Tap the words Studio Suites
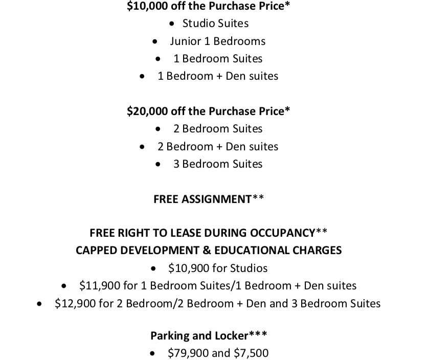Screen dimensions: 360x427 [215, 24]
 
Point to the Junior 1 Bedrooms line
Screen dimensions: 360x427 [217, 41]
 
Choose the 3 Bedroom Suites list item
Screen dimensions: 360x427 [217, 164]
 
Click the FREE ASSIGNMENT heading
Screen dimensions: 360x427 [203, 199]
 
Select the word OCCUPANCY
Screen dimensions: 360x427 [282, 233]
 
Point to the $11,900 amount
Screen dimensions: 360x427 [97, 286]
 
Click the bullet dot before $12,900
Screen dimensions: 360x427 [40, 304]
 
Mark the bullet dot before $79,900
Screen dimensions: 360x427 [153, 353]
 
